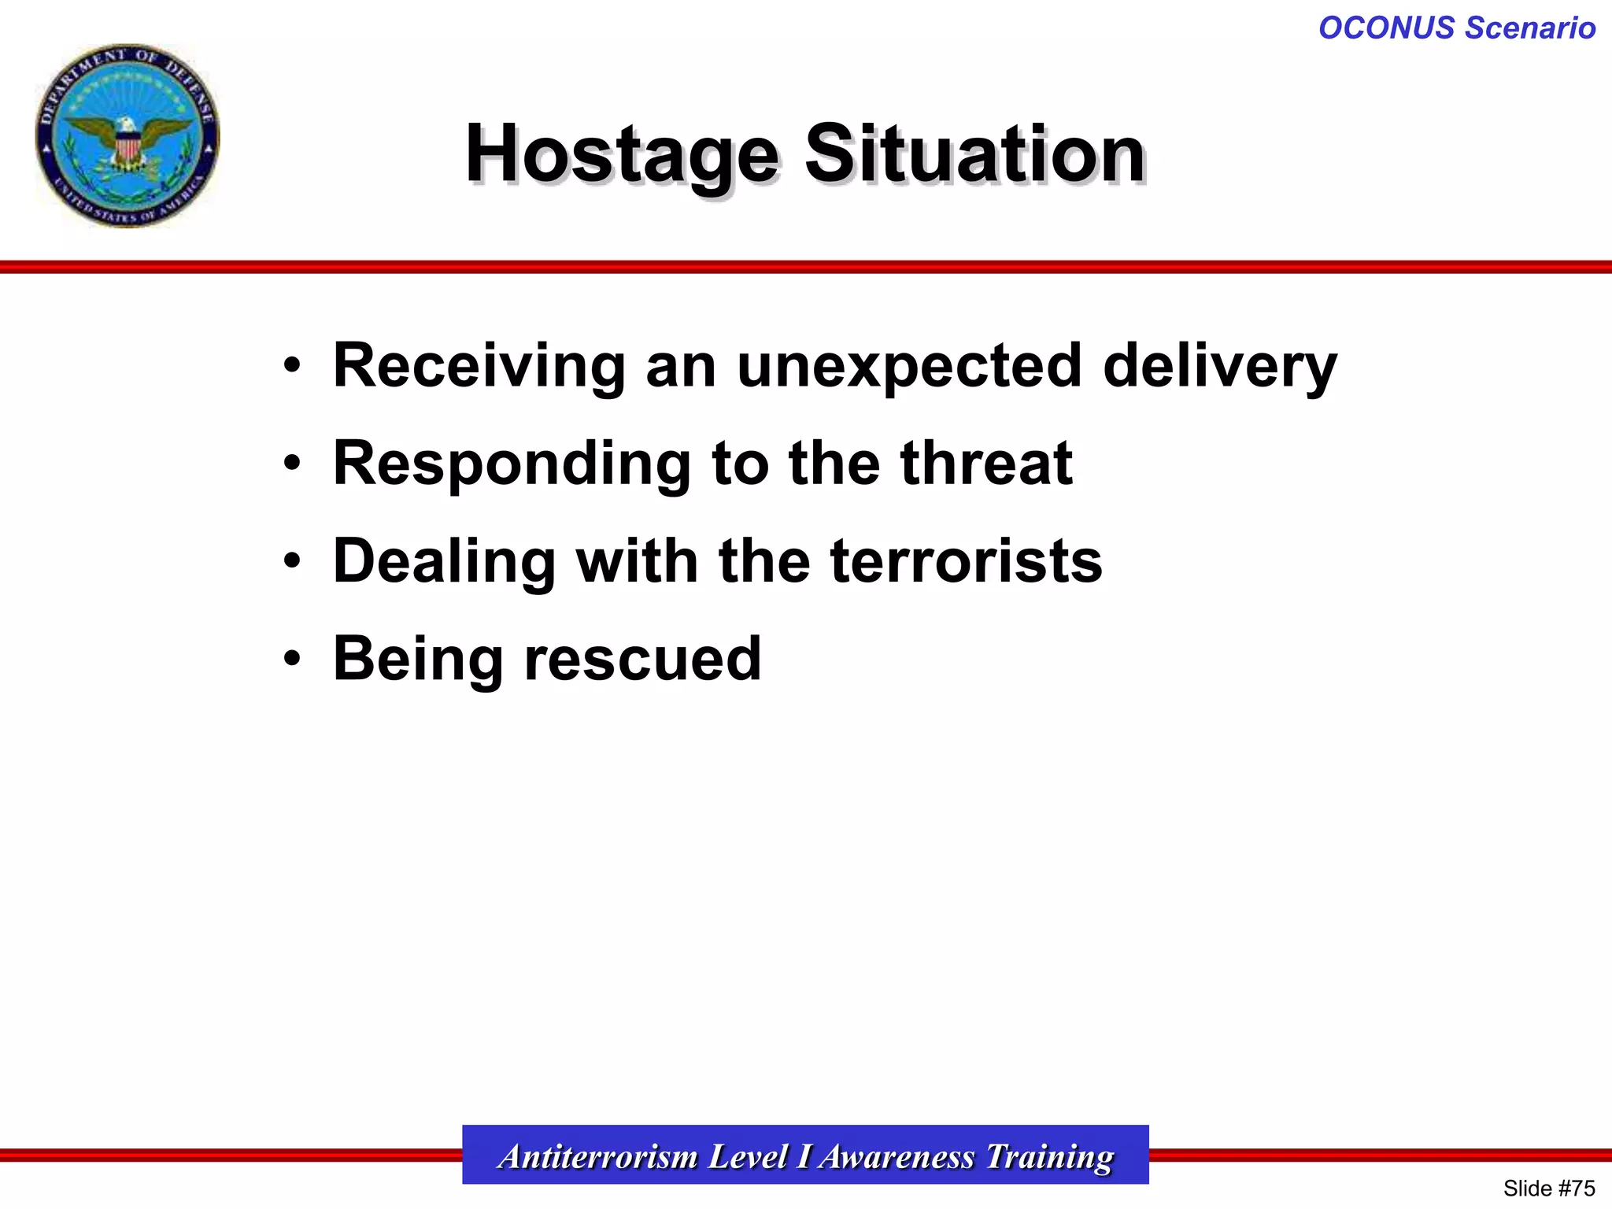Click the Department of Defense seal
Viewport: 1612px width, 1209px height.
(128, 136)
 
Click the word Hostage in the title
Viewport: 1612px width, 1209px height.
(622, 154)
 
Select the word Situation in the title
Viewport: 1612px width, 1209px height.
(974, 154)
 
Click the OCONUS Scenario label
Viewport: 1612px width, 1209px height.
(1456, 28)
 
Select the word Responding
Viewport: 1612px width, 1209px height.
(512, 464)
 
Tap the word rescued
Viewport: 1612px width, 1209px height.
(642, 659)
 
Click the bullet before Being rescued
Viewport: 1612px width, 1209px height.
(292, 659)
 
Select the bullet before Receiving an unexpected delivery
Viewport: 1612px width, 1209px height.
(292, 366)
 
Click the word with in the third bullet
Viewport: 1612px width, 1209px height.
(637, 562)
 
